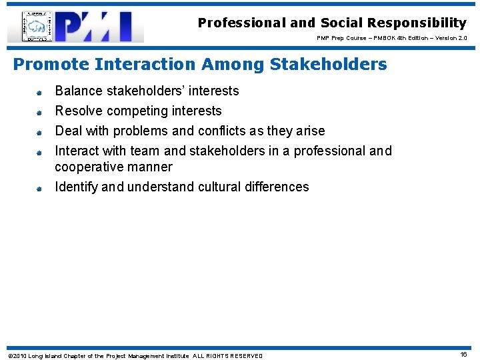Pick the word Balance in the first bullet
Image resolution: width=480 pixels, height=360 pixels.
pos(79,91)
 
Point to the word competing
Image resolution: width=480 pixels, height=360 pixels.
pos(138,111)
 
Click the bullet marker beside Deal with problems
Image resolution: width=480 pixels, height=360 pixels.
pos(39,132)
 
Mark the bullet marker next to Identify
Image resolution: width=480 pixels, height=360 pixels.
pos(39,189)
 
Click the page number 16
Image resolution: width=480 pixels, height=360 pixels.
pos(463,355)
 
